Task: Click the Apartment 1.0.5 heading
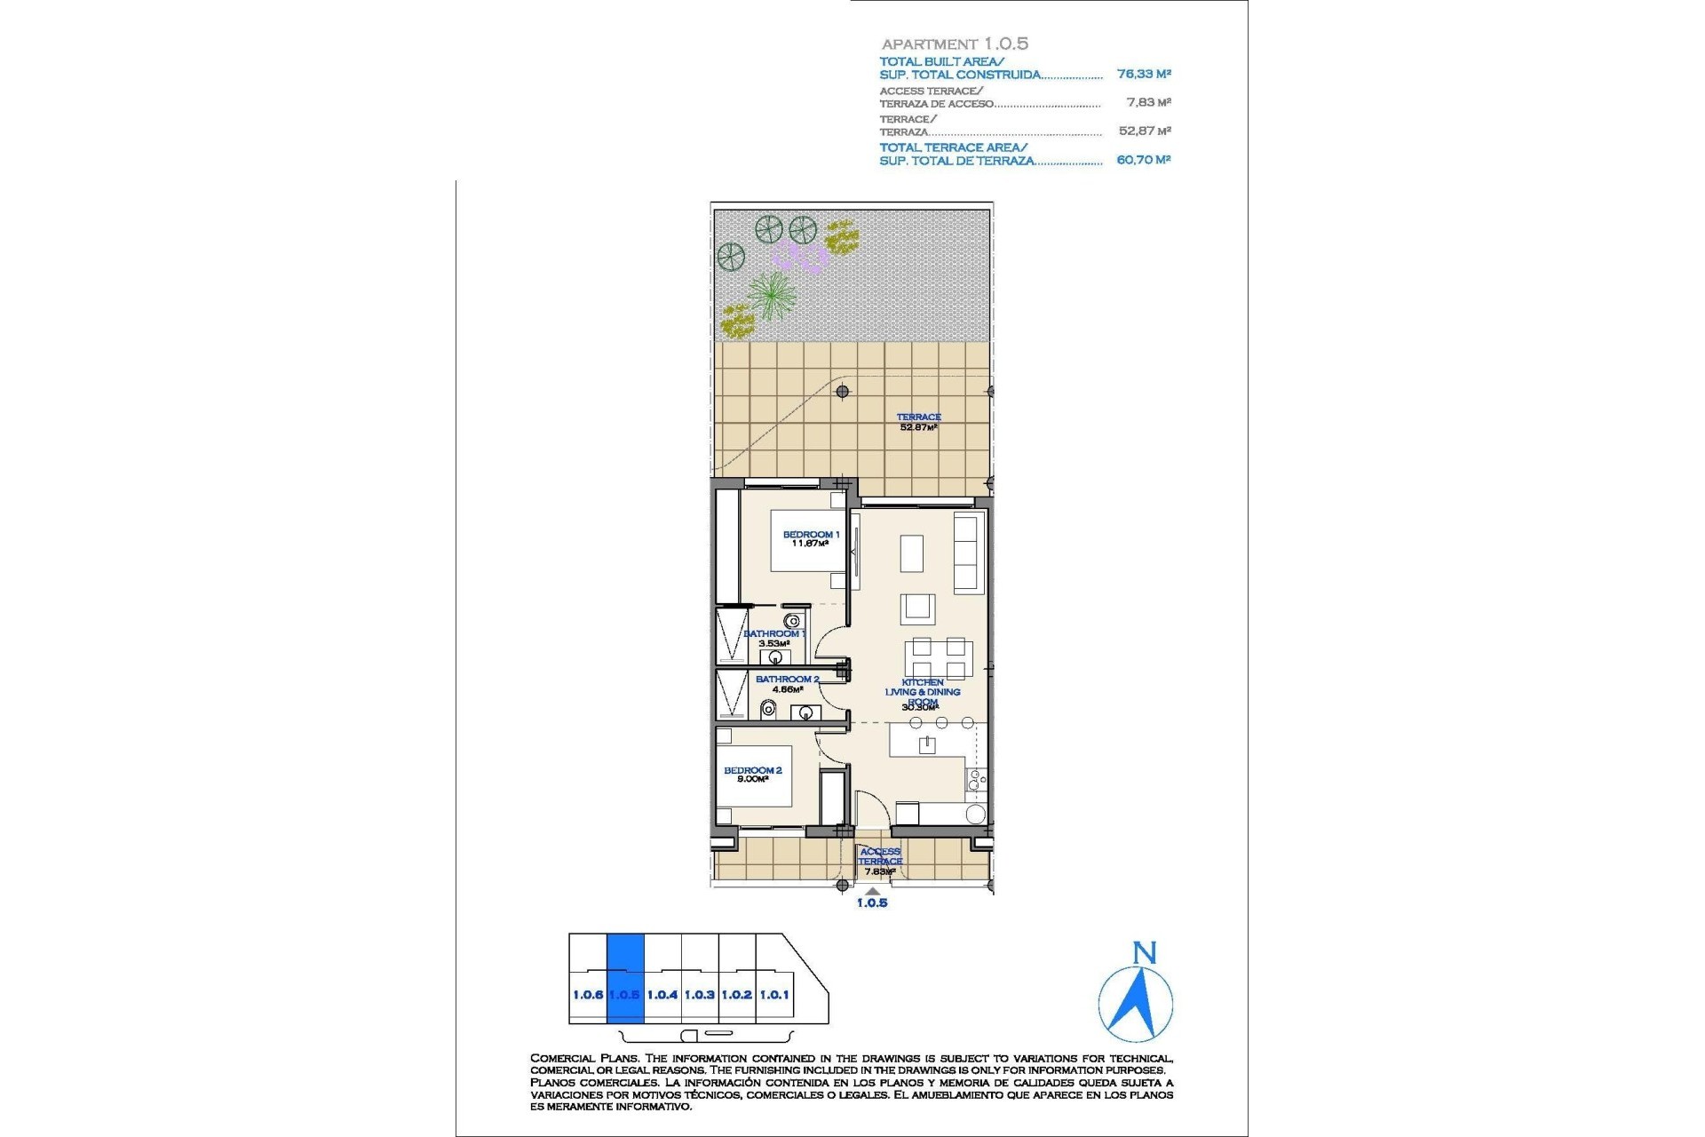pos(955,44)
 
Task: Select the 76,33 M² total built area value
pos(1144,75)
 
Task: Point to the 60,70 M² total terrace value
pos(1144,160)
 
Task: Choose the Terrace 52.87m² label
pos(918,422)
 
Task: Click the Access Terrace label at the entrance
pos(880,857)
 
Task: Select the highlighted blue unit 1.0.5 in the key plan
pos(624,978)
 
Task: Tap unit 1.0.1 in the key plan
pos(774,995)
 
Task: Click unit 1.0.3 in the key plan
pos(700,995)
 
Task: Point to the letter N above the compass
pos(1145,954)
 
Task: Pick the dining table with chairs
pos(939,658)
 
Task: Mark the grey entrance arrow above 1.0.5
pos(873,891)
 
